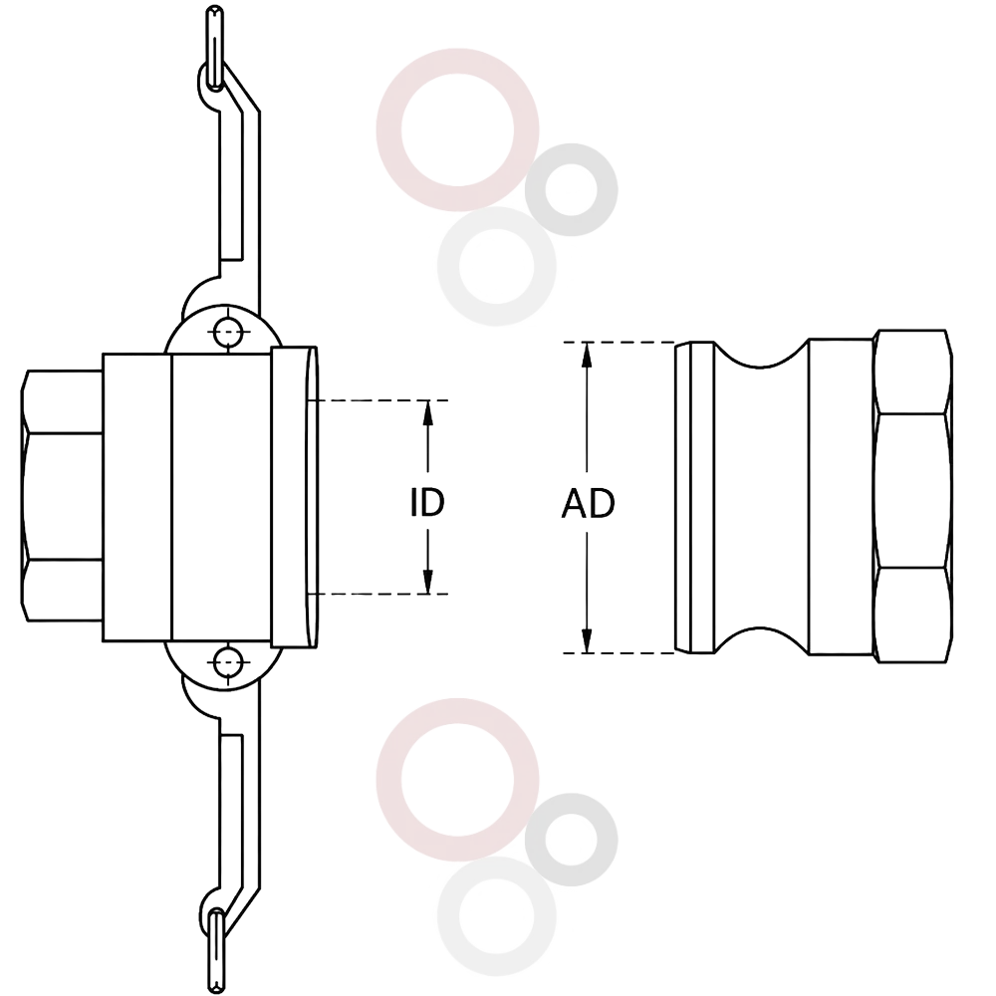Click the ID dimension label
(x=427, y=502)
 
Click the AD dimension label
(x=588, y=504)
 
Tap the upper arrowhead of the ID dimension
(x=428, y=413)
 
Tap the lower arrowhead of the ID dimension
(x=428, y=582)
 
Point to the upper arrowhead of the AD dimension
(x=587, y=355)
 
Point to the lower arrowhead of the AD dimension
(x=587, y=640)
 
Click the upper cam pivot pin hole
(x=227, y=332)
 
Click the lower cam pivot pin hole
(x=227, y=663)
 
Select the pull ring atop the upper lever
(x=215, y=48)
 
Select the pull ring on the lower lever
(x=216, y=949)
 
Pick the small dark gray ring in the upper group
(x=571, y=152)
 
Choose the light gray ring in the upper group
(x=497, y=219)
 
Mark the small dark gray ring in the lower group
(x=571, y=802)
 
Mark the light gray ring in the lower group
(x=497, y=869)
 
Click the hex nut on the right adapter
(x=912, y=497)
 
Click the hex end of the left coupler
(x=62, y=496)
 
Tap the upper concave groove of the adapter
(x=761, y=356)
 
